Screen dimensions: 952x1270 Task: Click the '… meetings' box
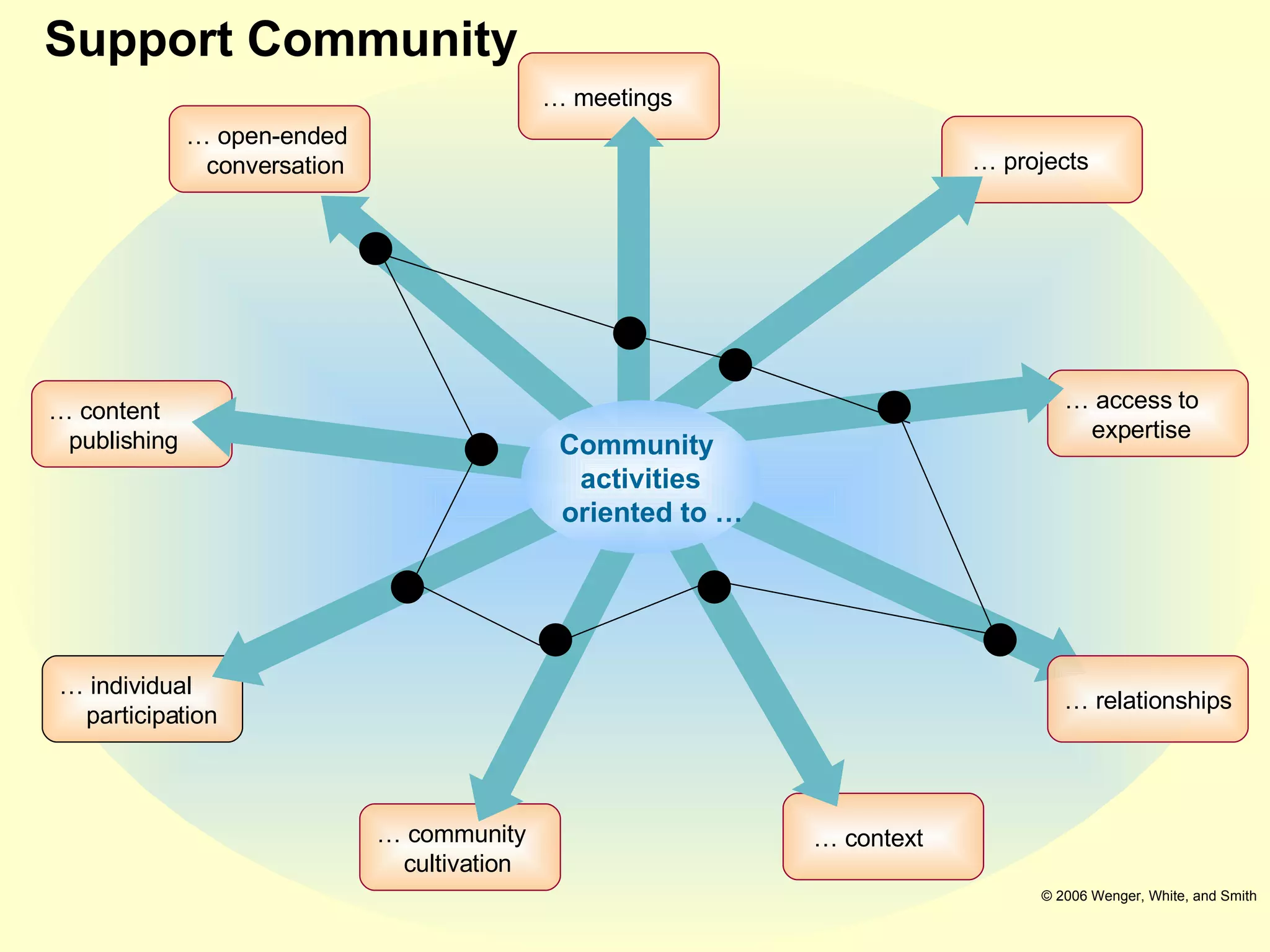[618, 96]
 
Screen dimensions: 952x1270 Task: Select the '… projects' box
[1042, 159]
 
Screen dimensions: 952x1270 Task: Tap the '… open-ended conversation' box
[269, 149]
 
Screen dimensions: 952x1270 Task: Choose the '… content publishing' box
[131, 424]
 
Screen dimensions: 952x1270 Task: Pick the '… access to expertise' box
[1147, 413]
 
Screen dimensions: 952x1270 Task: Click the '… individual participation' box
[142, 699]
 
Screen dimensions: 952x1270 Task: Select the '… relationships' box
[1147, 699]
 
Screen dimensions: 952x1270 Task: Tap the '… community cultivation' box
[460, 847]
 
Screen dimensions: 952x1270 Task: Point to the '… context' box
[883, 837]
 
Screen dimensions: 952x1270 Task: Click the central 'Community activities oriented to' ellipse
[639, 477]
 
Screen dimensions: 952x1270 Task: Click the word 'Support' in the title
[139, 40]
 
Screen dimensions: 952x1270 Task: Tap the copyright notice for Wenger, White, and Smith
[1148, 896]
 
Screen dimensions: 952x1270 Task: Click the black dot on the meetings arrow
[629, 333]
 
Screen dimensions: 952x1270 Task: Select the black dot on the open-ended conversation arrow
[375, 249]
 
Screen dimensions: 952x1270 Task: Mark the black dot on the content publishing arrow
[481, 449]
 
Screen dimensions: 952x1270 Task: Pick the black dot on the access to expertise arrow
[894, 407]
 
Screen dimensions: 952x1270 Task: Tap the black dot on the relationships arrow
[1000, 640]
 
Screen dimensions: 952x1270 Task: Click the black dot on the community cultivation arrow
[555, 640]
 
